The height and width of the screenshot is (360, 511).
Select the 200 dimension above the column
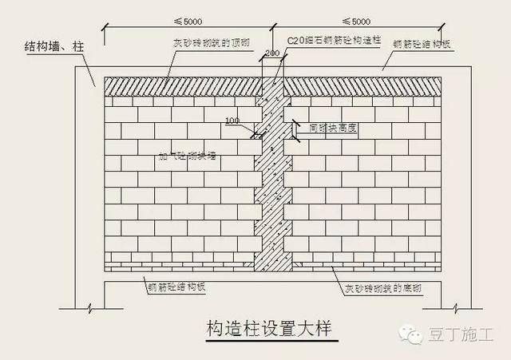click(272, 52)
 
